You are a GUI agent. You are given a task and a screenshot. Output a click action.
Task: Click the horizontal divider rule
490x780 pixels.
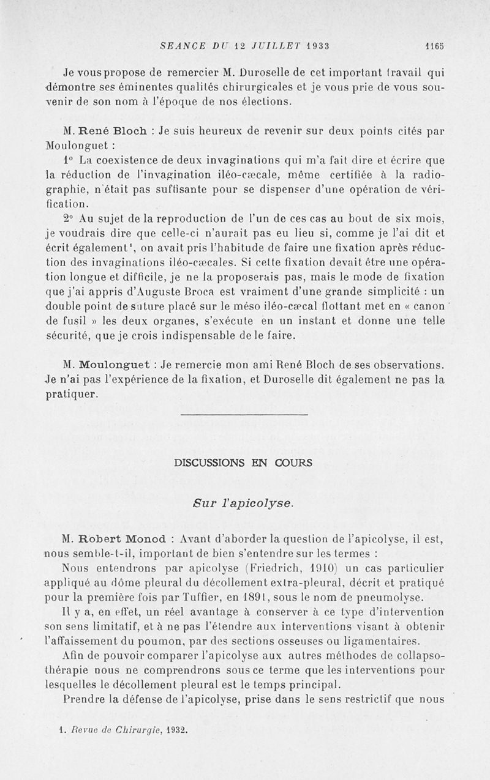[x=245, y=416]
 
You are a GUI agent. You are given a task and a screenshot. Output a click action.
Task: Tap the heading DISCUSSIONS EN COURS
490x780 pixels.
[x=243, y=463]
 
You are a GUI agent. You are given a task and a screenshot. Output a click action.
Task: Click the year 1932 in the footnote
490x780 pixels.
[x=175, y=730]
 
